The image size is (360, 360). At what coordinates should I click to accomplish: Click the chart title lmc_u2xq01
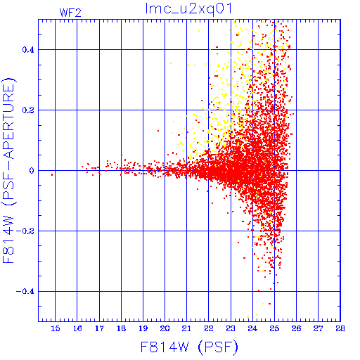(188, 9)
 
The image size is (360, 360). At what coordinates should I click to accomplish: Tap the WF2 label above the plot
(70, 13)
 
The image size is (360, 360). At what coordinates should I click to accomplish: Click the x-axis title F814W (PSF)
(189, 347)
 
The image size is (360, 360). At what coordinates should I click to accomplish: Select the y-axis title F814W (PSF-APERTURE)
(8, 170)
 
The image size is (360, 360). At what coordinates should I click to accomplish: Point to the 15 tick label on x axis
(56, 328)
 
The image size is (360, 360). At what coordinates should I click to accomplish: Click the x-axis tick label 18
(121, 328)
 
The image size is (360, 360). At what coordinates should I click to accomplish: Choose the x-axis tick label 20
(165, 328)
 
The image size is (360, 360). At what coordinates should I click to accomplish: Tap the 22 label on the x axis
(209, 328)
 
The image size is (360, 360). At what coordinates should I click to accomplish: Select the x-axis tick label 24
(252, 328)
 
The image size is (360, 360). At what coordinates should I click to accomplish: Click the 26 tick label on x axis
(296, 328)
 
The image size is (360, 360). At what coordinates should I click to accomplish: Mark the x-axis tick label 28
(340, 328)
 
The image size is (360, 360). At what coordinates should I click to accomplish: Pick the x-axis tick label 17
(99, 328)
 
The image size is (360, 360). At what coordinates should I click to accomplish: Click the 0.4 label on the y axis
(28, 50)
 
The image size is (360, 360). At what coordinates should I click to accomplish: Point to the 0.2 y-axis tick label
(28, 110)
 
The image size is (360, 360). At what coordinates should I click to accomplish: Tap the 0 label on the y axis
(32, 171)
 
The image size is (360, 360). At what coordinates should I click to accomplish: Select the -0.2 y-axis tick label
(25, 231)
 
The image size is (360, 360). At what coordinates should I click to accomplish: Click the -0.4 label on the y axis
(25, 292)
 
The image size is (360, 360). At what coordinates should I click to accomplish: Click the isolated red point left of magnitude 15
(52, 175)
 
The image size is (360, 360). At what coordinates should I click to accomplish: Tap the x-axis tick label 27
(318, 328)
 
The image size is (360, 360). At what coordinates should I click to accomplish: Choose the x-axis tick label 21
(186, 328)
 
